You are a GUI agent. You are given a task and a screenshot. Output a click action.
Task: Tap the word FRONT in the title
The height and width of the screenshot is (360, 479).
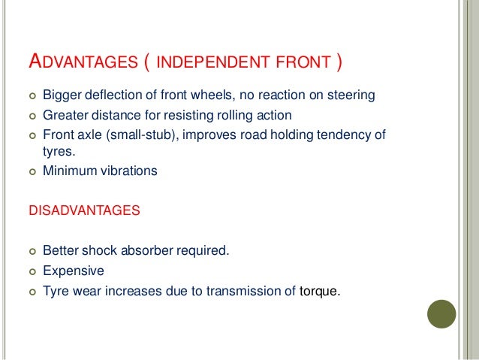(x=303, y=62)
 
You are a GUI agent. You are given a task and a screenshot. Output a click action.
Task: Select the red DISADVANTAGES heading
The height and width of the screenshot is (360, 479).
(x=83, y=211)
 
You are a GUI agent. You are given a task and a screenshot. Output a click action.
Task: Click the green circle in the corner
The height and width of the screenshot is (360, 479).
(x=441, y=314)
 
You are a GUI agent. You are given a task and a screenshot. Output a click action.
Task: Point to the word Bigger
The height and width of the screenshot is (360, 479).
(x=62, y=95)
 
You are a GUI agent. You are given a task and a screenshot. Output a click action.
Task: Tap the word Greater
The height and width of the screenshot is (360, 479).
(x=65, y=115)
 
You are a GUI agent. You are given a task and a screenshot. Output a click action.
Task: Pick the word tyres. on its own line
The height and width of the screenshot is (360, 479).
(x=58, y=151)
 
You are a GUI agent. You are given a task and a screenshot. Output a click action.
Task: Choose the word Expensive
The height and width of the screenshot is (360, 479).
(x=74, y=271)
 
